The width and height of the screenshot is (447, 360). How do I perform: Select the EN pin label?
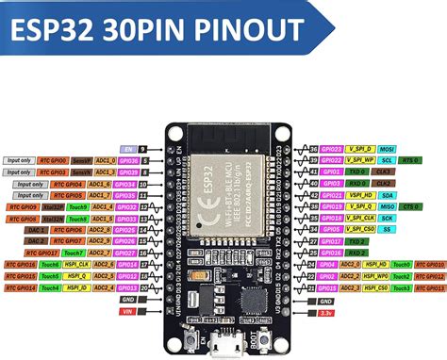(128, 149)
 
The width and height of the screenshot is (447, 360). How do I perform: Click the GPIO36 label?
(128, 160)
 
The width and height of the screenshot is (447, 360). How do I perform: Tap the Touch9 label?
(77, 205)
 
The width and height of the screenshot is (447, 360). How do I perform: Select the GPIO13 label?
(128, 286)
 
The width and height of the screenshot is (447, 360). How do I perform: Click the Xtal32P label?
(54, 205)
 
